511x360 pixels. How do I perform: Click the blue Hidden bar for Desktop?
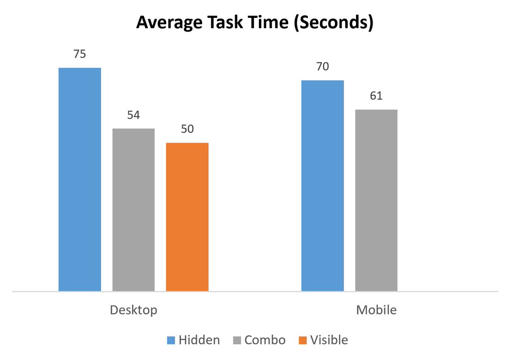[80, 179]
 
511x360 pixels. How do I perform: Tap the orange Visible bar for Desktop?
[187, 217]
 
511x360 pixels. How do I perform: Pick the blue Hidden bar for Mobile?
[322, 186]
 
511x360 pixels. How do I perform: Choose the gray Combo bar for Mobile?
[376, 200]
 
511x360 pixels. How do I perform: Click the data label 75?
[80, 54]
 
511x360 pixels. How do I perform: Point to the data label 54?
[133, 115]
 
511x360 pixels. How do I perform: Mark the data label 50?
[187, 129]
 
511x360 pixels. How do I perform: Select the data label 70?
[322, 67]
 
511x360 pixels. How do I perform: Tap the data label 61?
[376, 96]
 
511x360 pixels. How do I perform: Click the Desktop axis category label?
[133, 310]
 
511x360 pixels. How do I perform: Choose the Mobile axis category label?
[376, 310]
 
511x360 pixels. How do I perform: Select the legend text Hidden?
[199, 340]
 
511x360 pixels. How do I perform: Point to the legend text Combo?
[265, 340]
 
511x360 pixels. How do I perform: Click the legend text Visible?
[329, 340]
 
